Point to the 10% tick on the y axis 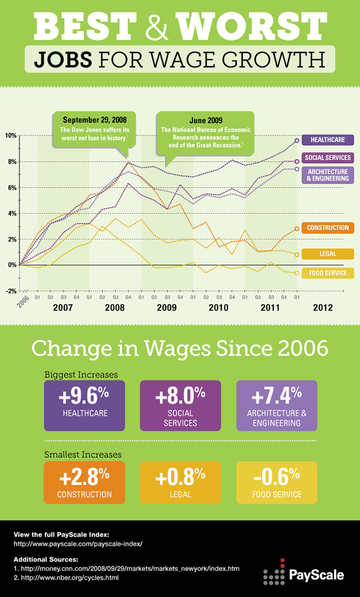[x=10, y=136]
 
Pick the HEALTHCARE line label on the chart [x=327, y=140]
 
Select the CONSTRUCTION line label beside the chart [x=327, y=228]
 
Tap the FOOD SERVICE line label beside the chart [x=327, y=273]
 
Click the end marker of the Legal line [x=297, y=254]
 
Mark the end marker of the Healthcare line [x=297, y=140]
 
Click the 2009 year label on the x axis [x=167, y=308]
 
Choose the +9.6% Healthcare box [x=84, y=406]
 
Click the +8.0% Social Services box [x=180, y=406]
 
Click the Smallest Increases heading [x=83, y=455]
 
